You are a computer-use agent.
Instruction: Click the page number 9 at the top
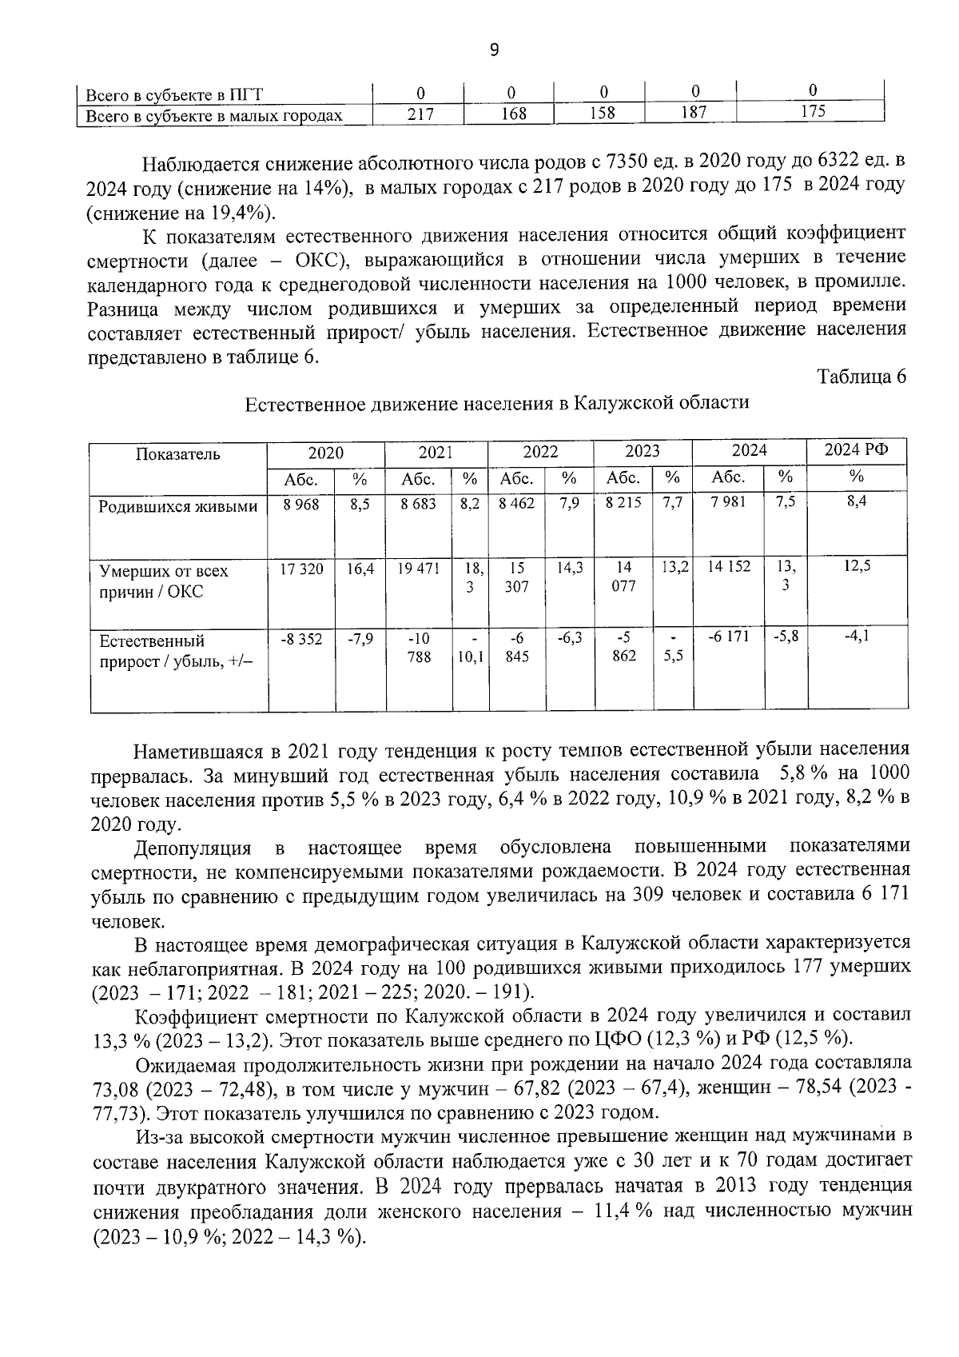(493, 50)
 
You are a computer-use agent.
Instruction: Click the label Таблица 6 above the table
(862, 377)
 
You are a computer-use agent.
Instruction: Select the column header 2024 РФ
(857, 451)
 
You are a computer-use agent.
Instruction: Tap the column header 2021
(436, 452)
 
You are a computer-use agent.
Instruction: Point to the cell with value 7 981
(729, 505)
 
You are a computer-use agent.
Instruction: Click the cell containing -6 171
(729, 638)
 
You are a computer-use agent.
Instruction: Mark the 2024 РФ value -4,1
(857, 637)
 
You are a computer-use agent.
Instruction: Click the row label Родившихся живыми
(177, 506)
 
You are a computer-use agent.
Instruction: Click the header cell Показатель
(177, 454)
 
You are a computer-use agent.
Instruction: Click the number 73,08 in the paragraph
(117, 1089)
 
